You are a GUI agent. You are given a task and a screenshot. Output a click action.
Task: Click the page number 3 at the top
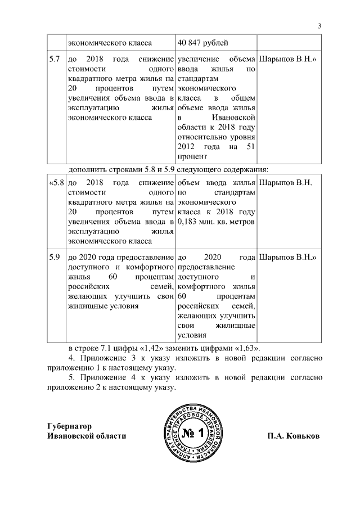click(319, 25)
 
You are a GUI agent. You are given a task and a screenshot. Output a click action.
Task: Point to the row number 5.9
click(55, 257)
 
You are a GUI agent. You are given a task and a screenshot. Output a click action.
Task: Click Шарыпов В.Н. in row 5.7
click(287, 59)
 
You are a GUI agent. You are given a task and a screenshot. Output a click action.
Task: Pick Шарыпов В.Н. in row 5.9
click(287, 257)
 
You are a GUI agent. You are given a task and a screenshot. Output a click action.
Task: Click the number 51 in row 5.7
click(251, 147)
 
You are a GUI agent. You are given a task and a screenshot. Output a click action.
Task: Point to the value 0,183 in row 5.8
click(188, 222)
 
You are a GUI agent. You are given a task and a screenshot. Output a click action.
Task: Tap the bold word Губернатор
click(70, 426)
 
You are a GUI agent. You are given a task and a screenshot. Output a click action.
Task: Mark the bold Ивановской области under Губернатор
click(86, 436)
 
